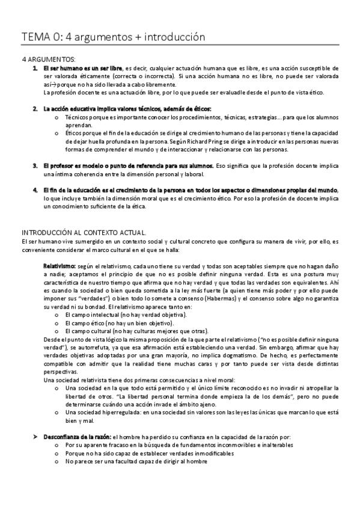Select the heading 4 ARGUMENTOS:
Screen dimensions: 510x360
49,60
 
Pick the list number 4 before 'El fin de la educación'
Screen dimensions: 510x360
35,190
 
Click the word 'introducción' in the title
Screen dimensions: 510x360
174,37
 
